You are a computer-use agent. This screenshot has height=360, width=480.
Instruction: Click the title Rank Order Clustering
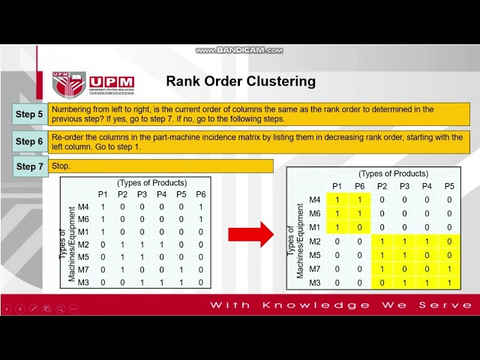pos(240,81)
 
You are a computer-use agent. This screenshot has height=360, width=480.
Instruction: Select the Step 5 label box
pos(30,114)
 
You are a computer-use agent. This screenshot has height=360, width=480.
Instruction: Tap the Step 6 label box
pos(30,141)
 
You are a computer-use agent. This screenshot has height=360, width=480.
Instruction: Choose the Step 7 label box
pos(30,166)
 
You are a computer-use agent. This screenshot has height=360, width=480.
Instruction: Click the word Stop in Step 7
pos(61,165)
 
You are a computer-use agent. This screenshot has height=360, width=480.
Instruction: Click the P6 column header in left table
pos(200,194)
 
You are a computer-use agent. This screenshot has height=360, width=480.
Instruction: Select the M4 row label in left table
pos(84,206)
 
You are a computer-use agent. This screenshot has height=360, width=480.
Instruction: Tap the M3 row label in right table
pos(315,282)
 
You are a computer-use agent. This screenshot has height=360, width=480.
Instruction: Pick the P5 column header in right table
pos(449,186)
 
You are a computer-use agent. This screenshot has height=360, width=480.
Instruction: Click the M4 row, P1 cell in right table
pos(337,199)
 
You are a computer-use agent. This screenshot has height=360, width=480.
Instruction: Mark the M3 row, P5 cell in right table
pos(449,282)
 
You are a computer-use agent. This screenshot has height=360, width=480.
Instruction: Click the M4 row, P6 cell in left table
pos(200,206)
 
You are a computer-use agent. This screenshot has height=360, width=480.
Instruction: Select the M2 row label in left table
pos(84,244)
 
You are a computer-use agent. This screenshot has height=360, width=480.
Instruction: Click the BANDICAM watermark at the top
pos(240,50)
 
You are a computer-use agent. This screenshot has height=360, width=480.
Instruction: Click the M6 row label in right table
pos(315,213)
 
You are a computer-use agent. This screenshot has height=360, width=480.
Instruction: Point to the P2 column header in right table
pos(382,186)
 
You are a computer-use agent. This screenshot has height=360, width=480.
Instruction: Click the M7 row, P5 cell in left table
pos(181,270)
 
